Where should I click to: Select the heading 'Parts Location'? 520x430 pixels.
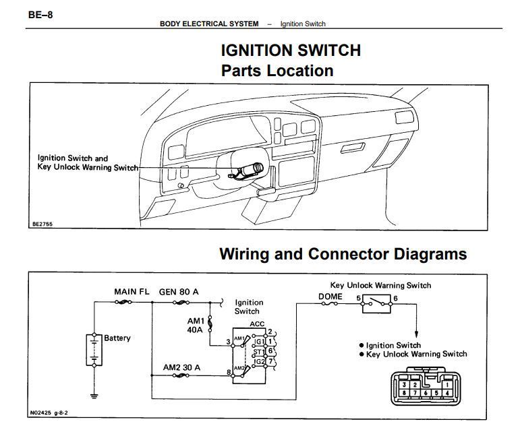pyautogui.click(x=277, y=71)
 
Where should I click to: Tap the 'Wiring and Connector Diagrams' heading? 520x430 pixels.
pyautogui.click(x=343, y=254)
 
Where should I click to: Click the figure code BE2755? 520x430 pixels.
pyautogui.click(x=42, y=224)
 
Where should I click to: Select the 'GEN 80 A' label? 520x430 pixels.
pyautogui.click(x=180, y=292)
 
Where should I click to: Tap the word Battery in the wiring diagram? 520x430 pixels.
pyautogui.click(x=117, y=338)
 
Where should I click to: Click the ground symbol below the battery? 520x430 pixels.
pyautogui.click(x=94, y=395)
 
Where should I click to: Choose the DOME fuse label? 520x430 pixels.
pyautogui.click(x=330, y=297)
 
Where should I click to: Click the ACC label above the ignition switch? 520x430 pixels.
pyautogui.click(x=257, y=324)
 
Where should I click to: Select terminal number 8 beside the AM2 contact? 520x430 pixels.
pyautogui.click(x=229, y=371)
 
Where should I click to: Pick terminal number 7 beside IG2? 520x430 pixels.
pyautogui.click(x=270, y=362)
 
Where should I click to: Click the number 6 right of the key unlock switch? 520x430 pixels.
pyautogui.click(x=395, y=297)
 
